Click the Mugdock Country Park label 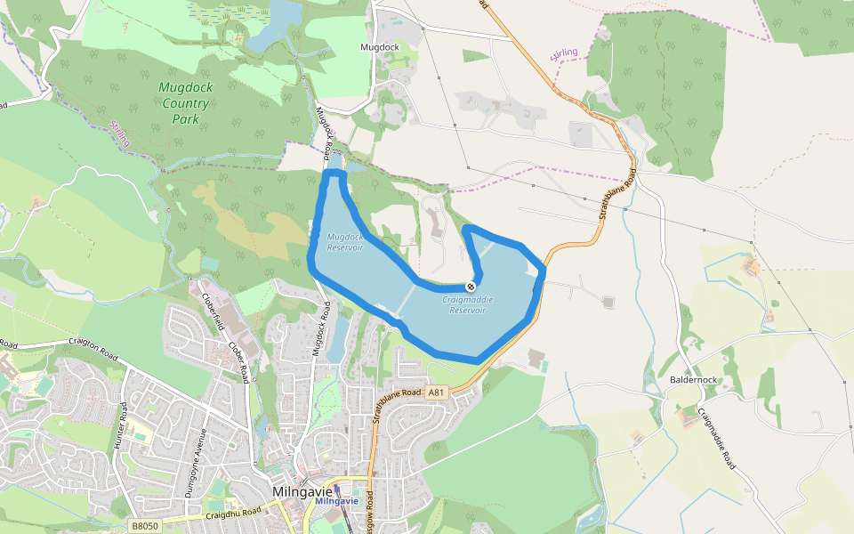tap(185, 103)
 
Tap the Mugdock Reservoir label tap(344, 242)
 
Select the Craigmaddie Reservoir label tap(467, 305)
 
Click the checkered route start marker tap(470, 287)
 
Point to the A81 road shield tap(435, 392)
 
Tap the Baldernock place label tap(693, 380)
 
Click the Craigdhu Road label tap(233, 513)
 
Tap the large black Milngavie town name tap(302, 491)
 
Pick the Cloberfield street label tap(212, 312)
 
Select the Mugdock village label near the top tap(379, 46)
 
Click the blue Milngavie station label tap(336, 501)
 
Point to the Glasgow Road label tap(368, 516)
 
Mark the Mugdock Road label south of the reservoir tap(320, 330)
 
